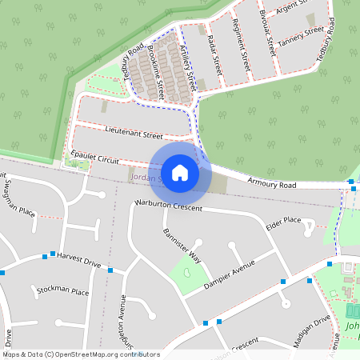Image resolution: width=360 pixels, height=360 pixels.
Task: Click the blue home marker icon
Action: click(180, 173)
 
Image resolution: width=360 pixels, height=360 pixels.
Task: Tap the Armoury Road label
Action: click(273, 184)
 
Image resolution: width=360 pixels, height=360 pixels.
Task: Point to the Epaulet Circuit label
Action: click(95, 155)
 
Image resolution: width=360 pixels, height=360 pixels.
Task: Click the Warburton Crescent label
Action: click(169, 206)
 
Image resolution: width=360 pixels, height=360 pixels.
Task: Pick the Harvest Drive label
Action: click(80, 262)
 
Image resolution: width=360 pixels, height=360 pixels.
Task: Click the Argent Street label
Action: click(293, 9)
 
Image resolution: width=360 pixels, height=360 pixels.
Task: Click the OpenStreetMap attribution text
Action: click(81, 354)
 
